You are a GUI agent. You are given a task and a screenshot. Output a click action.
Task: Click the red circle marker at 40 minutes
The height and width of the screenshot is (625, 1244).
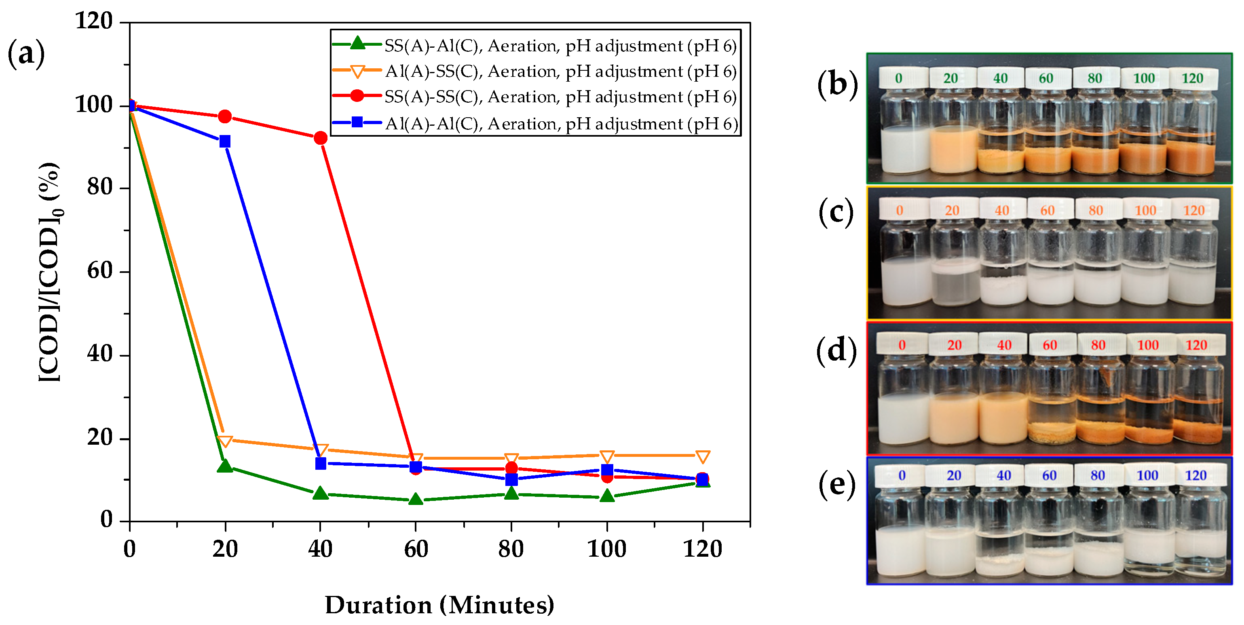coord(320,138)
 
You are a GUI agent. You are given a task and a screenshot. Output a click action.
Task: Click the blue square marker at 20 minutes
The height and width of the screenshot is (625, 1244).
coord(224,141)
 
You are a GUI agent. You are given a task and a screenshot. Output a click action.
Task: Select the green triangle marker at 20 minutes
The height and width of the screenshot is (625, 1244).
coord(224,466)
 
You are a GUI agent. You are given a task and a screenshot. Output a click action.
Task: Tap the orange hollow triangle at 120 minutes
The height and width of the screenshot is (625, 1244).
coord(703,456)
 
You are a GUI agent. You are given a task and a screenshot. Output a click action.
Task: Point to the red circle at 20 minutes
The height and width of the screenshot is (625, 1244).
coord(224,116)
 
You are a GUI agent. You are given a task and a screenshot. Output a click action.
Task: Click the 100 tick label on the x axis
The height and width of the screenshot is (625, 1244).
coord(606,549)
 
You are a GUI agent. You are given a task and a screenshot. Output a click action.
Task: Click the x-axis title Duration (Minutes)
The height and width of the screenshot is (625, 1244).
coord(439,605)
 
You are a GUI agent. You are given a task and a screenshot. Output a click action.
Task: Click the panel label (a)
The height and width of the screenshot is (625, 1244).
coord(26,53)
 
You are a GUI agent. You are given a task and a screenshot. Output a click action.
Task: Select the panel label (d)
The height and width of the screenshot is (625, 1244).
coord(836,350)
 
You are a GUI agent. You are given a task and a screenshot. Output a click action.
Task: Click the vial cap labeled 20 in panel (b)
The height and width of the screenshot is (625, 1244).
coord(950,78)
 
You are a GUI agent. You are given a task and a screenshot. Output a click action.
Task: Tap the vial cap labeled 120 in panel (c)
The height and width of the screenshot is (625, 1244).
coord(1194,210)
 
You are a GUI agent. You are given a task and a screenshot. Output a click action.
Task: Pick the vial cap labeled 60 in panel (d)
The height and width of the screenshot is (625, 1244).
coord(1050,345)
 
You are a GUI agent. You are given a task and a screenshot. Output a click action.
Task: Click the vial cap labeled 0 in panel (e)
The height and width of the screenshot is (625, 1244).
coord(902,475)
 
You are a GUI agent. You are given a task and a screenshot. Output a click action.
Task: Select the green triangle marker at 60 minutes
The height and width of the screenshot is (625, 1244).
coord(416,499)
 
